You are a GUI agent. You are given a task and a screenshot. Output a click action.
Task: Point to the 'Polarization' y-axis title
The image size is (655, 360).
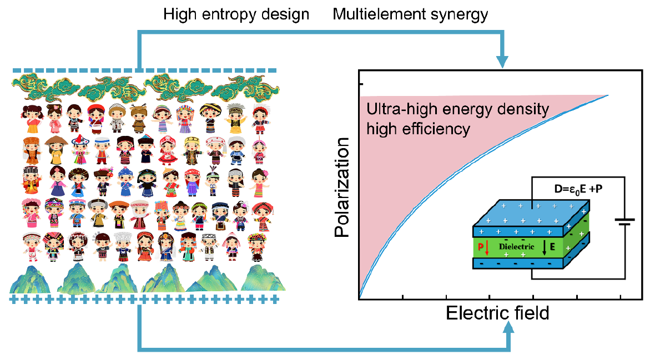point(343,188)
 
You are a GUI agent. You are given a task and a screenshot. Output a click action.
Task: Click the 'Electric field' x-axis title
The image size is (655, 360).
point(497,313)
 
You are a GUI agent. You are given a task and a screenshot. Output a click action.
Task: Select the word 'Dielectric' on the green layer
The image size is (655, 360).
point(516,245)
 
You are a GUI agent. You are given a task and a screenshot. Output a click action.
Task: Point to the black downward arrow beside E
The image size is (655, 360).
point(545,245)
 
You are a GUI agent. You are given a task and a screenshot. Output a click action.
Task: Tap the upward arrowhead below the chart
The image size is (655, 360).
point(510,328)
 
